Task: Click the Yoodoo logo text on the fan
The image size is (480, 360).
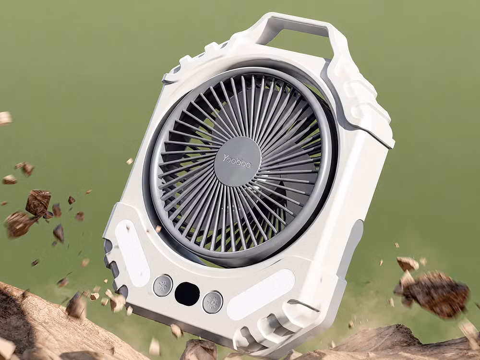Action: point(237,161)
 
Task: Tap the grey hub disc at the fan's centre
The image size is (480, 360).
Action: point(237,162)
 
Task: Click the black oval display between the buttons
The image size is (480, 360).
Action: point(187,294)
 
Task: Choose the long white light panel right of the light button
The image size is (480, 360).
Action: point(260,295)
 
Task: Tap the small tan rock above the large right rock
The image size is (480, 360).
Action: point(408,264)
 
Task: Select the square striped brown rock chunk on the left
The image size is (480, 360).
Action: point(38,203)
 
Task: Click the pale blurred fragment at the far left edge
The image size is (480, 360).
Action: point(5,118)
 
